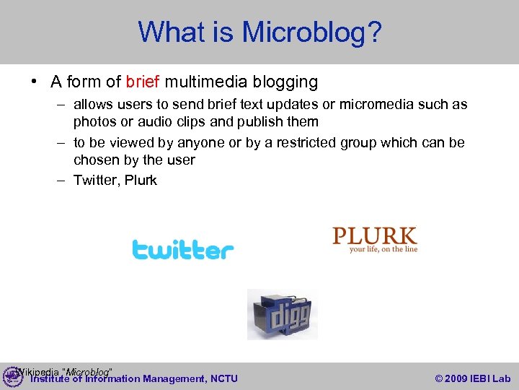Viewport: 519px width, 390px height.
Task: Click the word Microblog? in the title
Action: [x=311, y=32]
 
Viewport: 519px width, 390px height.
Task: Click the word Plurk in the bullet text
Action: [x=141, y=181]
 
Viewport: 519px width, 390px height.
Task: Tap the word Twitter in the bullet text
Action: [x=96, y=181]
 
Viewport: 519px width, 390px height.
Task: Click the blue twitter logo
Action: [x=183, y=251]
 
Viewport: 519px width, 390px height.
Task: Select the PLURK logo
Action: [x=374, y=235]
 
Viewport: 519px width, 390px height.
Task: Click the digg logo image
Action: [x=282, y=314]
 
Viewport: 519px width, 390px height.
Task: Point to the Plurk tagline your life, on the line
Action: [x=383, y=250]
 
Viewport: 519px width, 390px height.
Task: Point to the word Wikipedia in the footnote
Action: [x=37, y=372]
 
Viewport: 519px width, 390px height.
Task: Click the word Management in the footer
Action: [x=173, y=378]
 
